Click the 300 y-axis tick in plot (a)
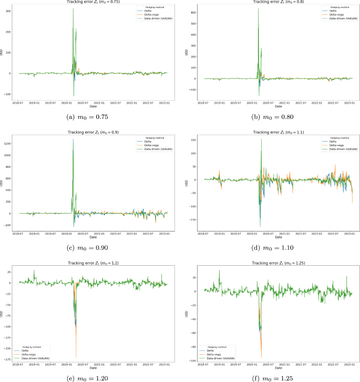click(9, 11)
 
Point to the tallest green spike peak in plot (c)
click(73, 139)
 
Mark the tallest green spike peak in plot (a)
click(73, 9)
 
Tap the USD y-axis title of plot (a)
click(3, 53)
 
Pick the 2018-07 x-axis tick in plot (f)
click(200, 364)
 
